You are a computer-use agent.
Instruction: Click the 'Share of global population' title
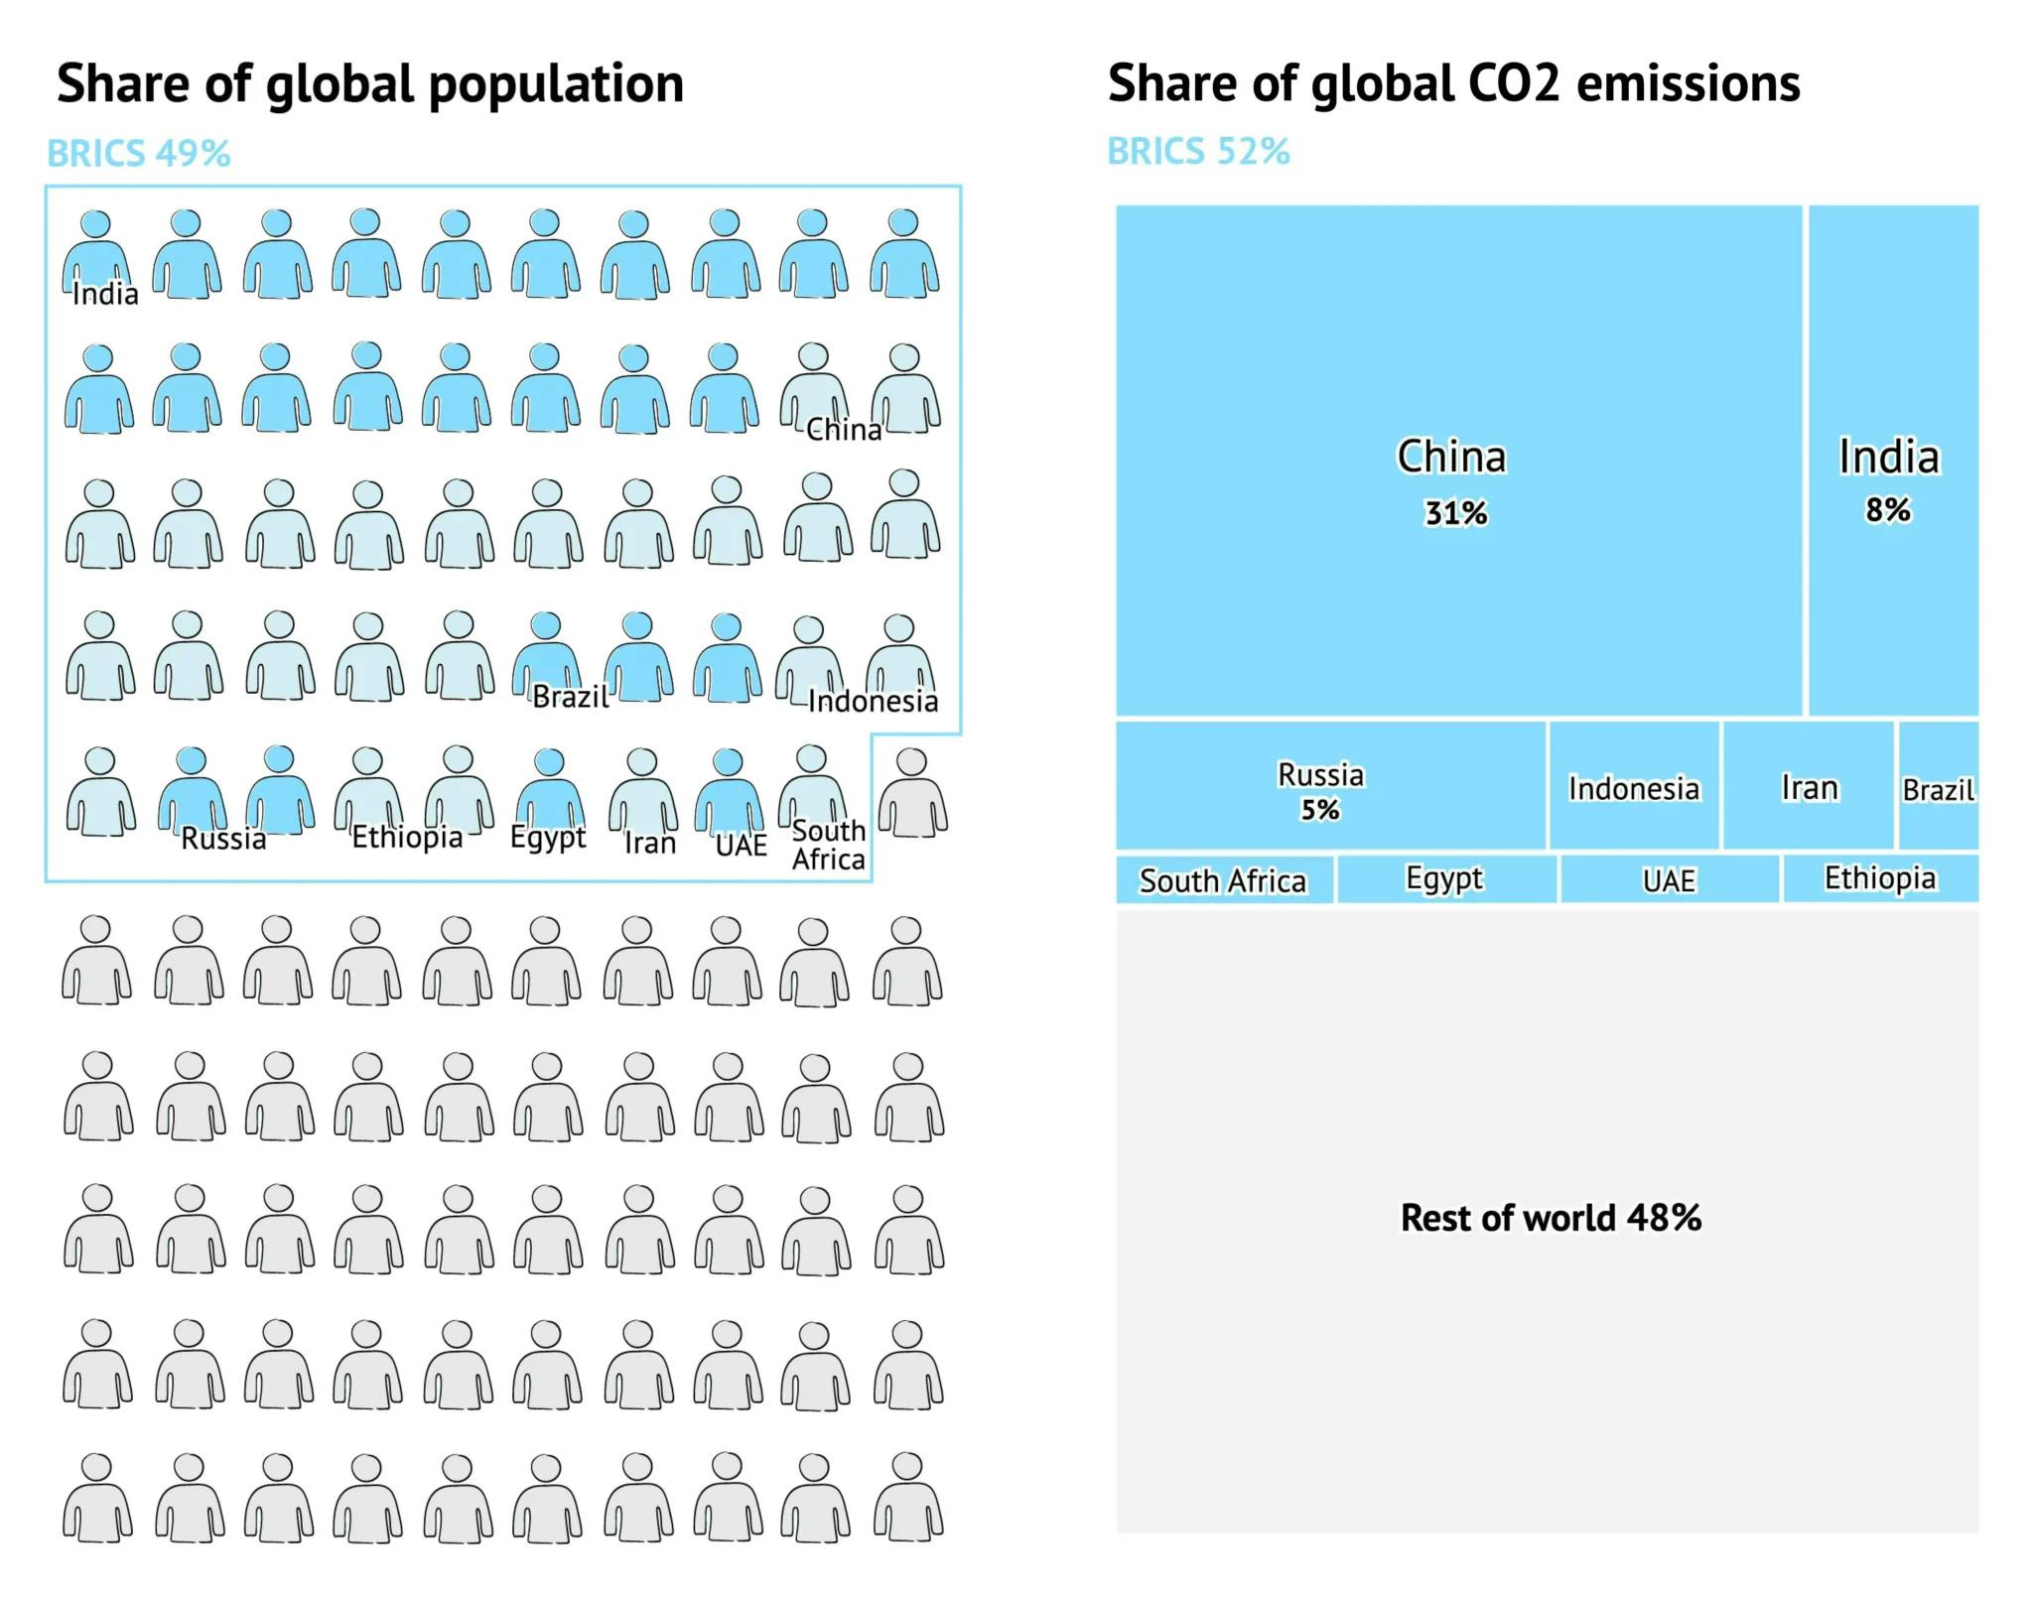[369, 83]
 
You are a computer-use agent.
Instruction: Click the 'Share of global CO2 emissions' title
[1453, 83]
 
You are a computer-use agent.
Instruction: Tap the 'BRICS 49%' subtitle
[139, 154]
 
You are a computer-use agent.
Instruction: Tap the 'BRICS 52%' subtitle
[1198, 152]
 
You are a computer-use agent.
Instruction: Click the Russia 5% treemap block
[1330, 785]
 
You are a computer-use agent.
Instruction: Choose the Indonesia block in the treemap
[1634, 785]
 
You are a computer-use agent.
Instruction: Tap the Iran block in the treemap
[1809, 785]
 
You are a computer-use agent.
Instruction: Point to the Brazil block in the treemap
[1938, 785]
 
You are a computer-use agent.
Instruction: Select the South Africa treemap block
[1224, 879]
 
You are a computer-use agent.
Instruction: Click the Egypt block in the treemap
[1446, 879]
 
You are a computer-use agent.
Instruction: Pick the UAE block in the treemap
[1670, 879]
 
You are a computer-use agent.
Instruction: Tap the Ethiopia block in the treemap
[1880, 879]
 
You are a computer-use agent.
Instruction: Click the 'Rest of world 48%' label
[1551, 1218]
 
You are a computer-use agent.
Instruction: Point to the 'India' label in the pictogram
[105, 294]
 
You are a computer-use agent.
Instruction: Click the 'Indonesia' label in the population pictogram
[873, 702]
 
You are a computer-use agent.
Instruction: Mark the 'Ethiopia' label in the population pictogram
[407, 838]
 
